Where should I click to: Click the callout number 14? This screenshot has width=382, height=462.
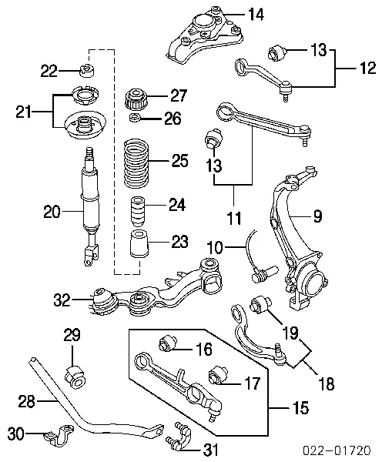256,14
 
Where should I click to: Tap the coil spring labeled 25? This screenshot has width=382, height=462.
136,164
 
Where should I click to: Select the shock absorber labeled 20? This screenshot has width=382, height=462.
89,206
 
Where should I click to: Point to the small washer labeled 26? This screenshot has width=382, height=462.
136,117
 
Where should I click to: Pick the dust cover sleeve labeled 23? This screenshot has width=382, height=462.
138,243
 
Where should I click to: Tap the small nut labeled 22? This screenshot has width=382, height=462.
87,71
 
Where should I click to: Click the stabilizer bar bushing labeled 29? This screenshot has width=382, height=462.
76,376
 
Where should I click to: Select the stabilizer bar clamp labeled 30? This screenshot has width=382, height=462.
59,433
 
